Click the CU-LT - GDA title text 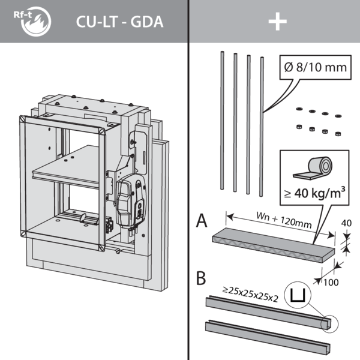tap(120, 22)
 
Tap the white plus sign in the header tap(277, 22)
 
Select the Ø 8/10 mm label tap(316, 67)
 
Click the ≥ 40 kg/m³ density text tap(315, 194)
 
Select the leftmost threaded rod tap(221, 120)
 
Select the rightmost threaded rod tap(262, 126)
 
